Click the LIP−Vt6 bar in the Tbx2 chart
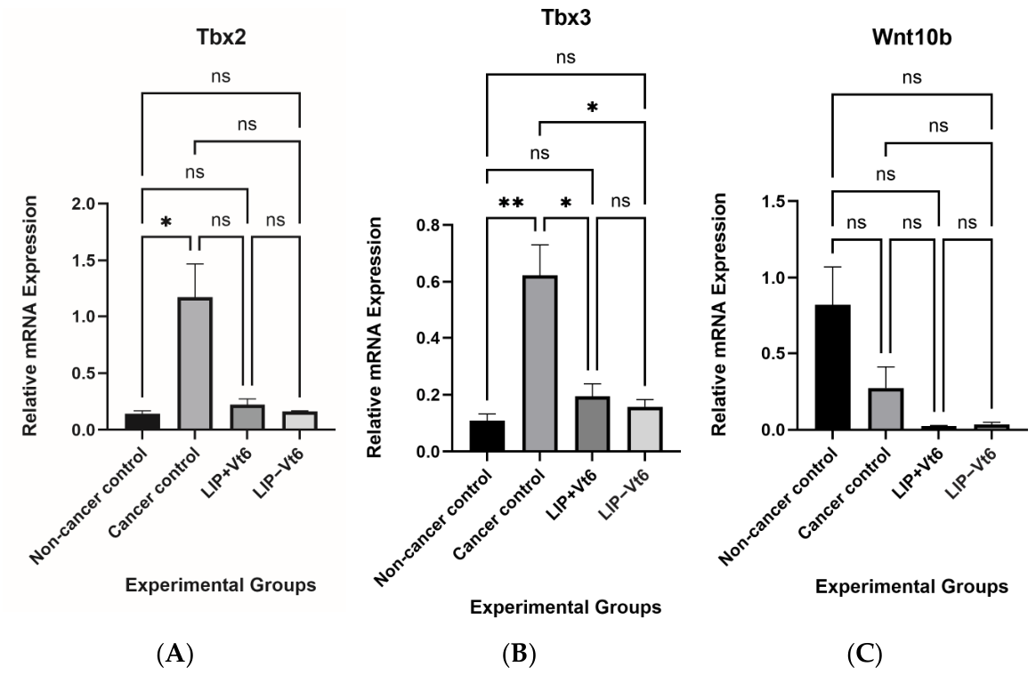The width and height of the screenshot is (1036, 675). coord(298,421)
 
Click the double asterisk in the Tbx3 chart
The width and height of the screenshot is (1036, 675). coord(510,202)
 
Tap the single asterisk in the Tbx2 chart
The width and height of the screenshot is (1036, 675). coord(166,221)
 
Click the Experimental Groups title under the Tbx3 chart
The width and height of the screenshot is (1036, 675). coord(565,608)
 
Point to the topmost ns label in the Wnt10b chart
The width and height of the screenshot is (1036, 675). coord(911,78)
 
